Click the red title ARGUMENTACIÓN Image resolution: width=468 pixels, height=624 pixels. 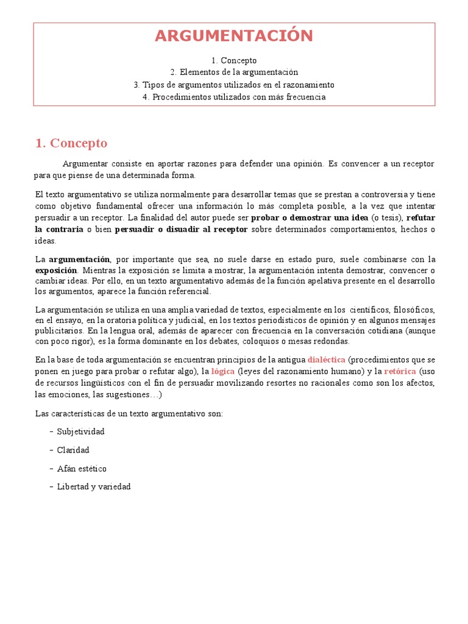234,36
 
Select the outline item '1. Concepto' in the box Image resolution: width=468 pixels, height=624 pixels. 234,60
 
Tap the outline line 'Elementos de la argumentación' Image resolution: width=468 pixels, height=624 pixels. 234,73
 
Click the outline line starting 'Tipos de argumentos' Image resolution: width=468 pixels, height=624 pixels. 234,85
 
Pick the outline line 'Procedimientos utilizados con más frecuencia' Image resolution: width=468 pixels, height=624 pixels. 234,97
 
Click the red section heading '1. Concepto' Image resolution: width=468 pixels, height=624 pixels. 71,143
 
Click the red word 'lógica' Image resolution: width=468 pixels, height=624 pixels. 223,371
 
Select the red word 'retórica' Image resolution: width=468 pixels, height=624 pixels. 400,371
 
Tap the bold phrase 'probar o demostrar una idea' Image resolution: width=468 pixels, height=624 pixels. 310,218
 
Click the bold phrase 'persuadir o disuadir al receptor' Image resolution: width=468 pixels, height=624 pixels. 181,229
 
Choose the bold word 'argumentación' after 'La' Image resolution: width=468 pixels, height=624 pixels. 79,259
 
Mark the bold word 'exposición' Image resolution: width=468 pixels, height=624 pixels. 56,270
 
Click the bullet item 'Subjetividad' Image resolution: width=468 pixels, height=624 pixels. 80,431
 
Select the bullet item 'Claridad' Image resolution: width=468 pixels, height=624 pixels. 73,450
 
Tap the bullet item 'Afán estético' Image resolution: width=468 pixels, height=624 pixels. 82,469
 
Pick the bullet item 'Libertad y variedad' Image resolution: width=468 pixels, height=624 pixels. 94,487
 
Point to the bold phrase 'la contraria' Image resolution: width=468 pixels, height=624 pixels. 59,229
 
